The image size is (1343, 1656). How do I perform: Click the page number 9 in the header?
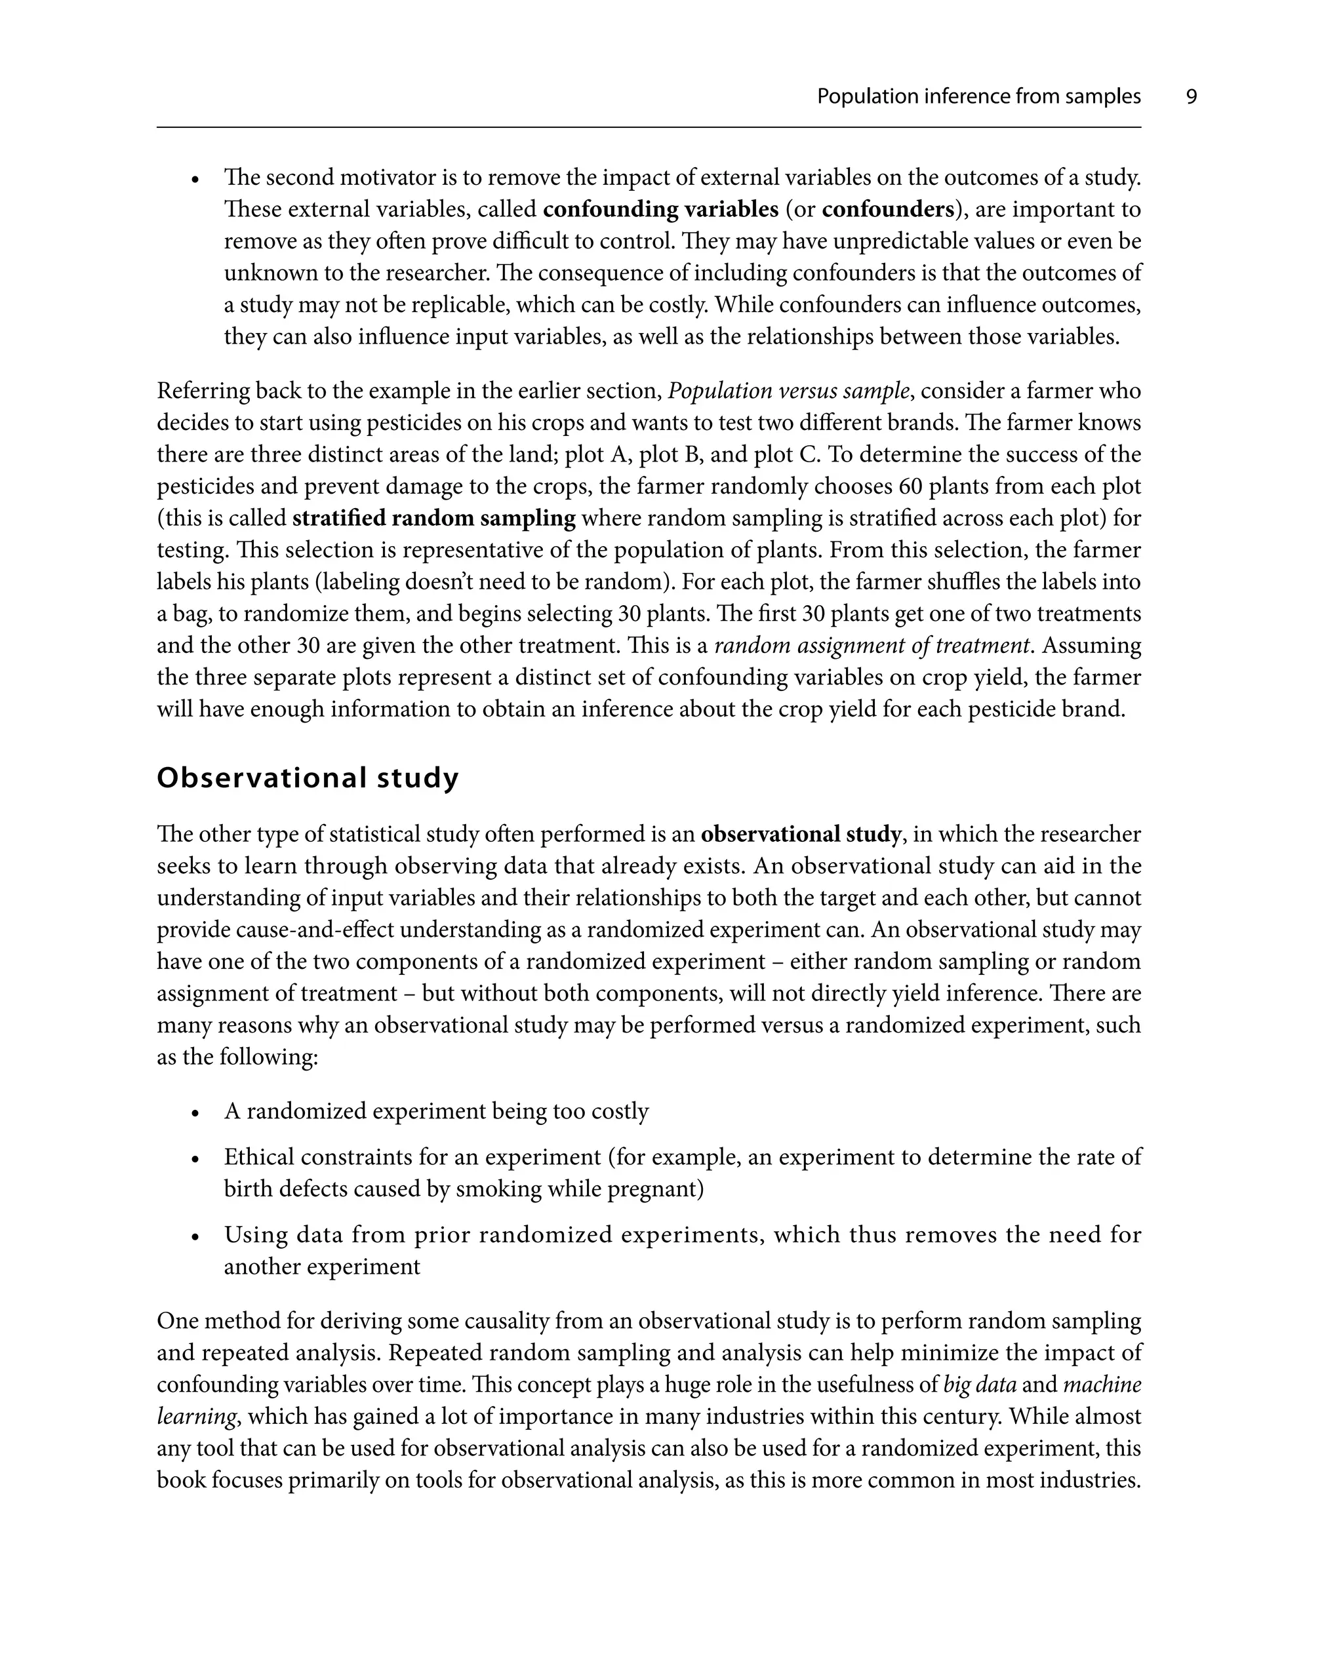(1191, 96)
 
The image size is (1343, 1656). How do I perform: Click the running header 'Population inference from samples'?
(978, 96)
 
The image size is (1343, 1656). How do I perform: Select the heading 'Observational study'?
(308, 778)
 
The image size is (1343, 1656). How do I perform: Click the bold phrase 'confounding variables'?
(660, 210)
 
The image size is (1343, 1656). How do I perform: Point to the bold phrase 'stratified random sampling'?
(434, 518)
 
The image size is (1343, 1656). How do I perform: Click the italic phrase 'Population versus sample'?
(788, 391)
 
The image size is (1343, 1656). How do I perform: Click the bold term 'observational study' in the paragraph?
(801, 834)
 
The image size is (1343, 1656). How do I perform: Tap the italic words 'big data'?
(980, 1385)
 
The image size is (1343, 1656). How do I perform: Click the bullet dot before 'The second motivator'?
(197, 180)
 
